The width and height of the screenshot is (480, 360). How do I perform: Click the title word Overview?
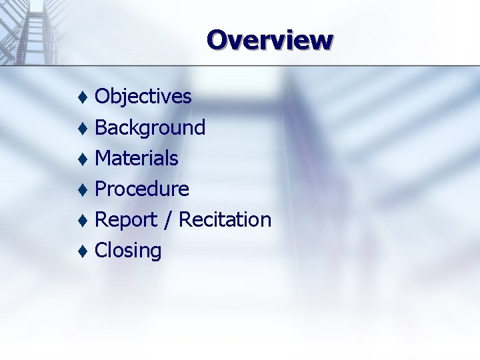[269, 40]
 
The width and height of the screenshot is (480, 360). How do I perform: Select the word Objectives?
[143, 97]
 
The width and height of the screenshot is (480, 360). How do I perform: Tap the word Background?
[150, 127]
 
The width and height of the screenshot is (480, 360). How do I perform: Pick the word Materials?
[137, 158]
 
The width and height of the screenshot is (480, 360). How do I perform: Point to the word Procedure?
[142, 189]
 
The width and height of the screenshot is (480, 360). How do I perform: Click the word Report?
[126, 219]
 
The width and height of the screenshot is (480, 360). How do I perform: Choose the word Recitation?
[225, 219]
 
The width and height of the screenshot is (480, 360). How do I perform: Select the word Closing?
[128, 251]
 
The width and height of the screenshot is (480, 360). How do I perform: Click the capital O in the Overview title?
[217, 40]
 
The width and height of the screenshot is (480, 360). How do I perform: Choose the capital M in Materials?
[103, 158]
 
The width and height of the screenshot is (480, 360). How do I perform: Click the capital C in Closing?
[102, 251]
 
